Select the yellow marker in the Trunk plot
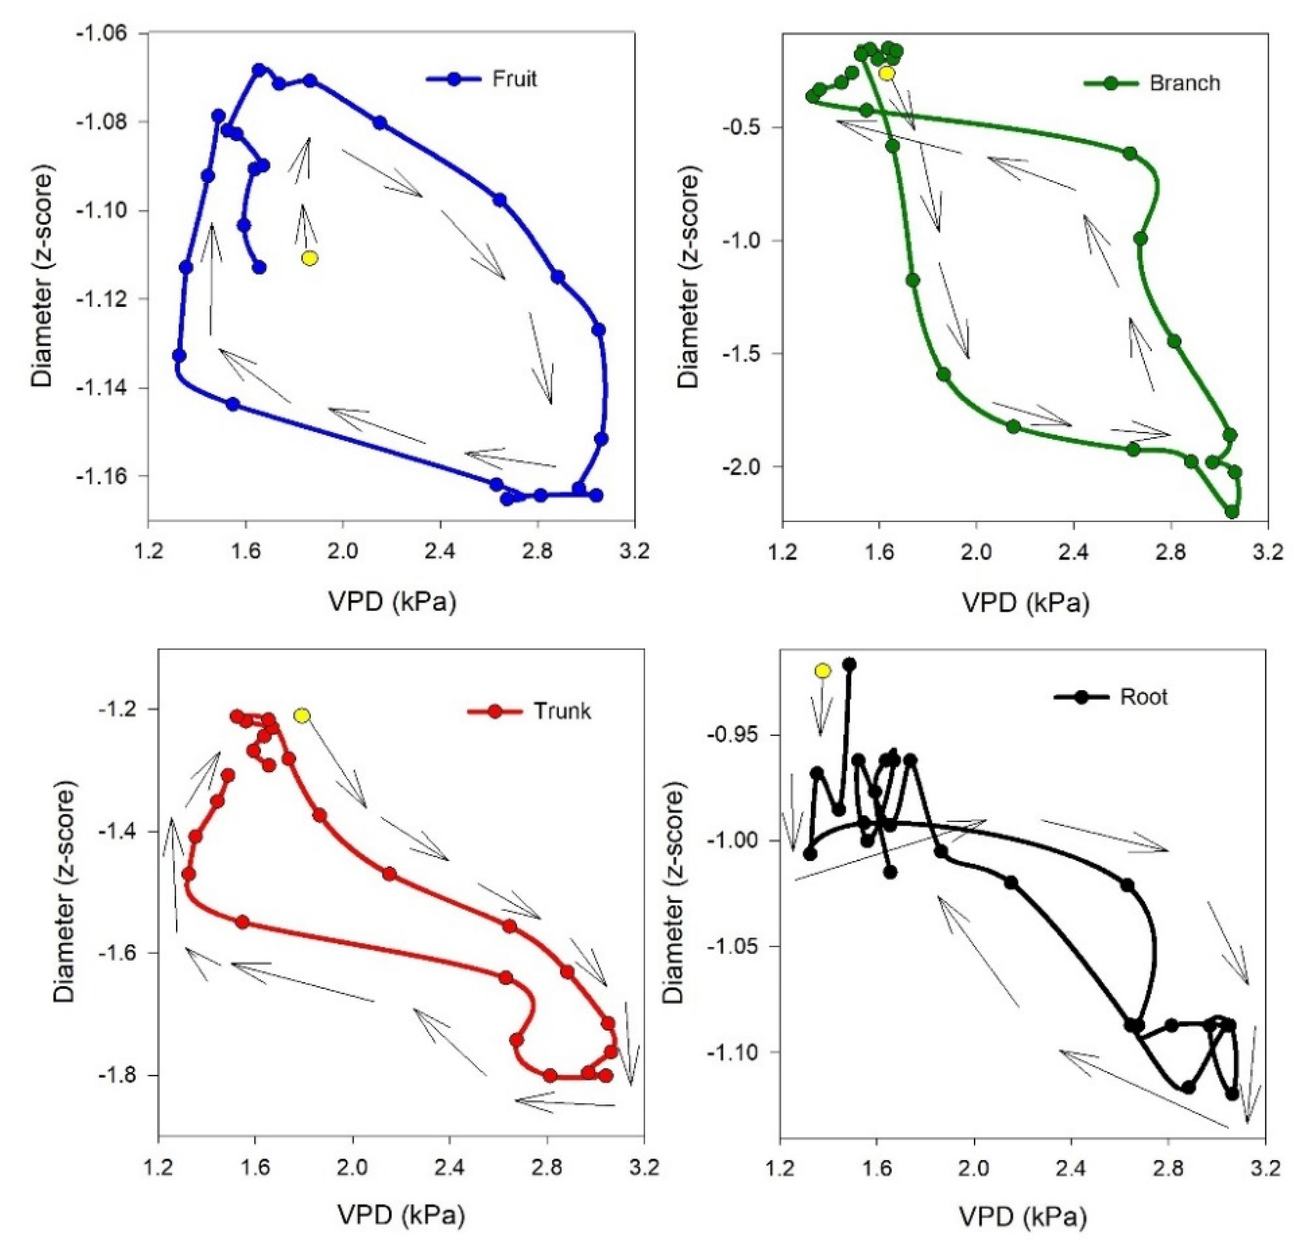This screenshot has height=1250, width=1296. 302,715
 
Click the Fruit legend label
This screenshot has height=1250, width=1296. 514,79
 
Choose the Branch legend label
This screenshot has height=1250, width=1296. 1185,83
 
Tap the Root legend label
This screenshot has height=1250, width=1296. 1144,697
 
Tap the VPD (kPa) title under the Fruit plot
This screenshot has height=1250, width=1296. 391,602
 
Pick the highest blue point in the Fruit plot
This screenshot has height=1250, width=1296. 259,69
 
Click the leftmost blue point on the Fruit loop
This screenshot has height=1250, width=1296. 179,356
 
